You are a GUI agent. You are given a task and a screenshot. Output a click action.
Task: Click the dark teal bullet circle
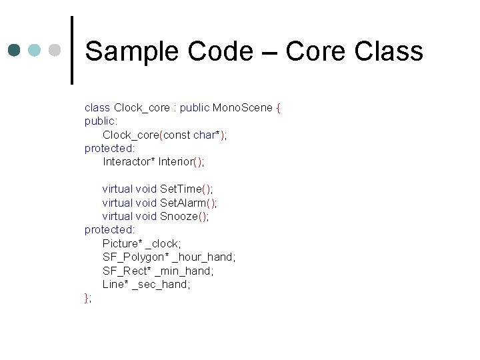point(15,51)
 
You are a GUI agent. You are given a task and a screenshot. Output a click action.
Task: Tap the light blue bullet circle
point(35,51)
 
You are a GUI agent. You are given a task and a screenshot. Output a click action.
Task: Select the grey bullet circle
point(55,51)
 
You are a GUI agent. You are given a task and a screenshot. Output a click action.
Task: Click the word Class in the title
point(389,51)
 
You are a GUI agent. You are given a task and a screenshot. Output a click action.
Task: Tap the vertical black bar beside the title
point(72,50)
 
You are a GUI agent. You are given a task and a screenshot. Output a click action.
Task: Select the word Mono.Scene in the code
point(243,108)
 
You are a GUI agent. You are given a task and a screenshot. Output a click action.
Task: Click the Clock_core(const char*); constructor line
point(165,135)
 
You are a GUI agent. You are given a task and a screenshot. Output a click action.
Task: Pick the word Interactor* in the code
point(129,162)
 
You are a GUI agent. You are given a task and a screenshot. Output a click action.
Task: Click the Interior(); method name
point(181,162)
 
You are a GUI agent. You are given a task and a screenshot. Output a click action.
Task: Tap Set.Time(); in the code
point(187,189)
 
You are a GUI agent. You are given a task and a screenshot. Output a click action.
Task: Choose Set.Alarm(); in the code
point(189,203)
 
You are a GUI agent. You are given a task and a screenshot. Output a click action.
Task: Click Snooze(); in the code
point(185,216)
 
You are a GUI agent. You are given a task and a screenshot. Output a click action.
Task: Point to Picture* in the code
point(123,243)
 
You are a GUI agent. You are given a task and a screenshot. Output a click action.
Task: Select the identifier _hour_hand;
point(204,257)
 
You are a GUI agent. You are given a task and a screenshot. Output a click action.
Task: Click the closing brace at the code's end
point(87,298)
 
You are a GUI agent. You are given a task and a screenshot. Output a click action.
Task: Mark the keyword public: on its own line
point(101,121)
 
